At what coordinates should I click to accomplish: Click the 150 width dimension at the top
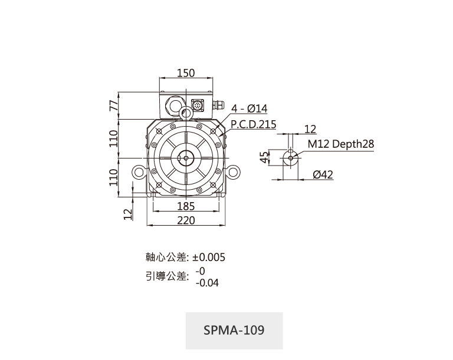pyautogui.click(x=186, y=72)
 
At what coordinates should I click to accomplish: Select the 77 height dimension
pyautogui.click(x=114, y=105)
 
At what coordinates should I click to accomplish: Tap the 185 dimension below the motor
pyautogui.click(x=186, y=206)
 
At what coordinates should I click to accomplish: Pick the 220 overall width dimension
pyautogui.click(x=186, y=220)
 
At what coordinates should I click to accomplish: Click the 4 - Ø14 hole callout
pyautogui.click(x=250, y=108)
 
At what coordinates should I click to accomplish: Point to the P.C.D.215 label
pyautogui.click(x=254, y=124)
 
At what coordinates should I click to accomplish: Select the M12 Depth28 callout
pyautogui.click(x=340, y=144)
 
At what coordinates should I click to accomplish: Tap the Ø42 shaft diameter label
pyautogui.click(x=323, y=174)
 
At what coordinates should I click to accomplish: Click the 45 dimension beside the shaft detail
pyautogui.click(x=264, y=157)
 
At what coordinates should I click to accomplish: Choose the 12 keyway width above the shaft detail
pyautogui.click(x=310, y=129)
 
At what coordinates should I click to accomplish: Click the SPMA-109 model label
pyautogui.click(x=234, y=330)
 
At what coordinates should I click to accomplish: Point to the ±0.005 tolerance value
pyautogui.click(x=208, y=257)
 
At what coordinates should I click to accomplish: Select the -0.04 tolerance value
pyautogui.click(x=207, y=283)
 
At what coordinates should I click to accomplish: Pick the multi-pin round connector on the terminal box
pyautogui.click(x=198, y=105)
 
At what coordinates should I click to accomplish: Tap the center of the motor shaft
pyautogui.click(x=186, y=158)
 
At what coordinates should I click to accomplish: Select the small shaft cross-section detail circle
pyautogui.click(x=290, y=158)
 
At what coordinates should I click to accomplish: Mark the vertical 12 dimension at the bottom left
pyautogui.click(x=128, y=214)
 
